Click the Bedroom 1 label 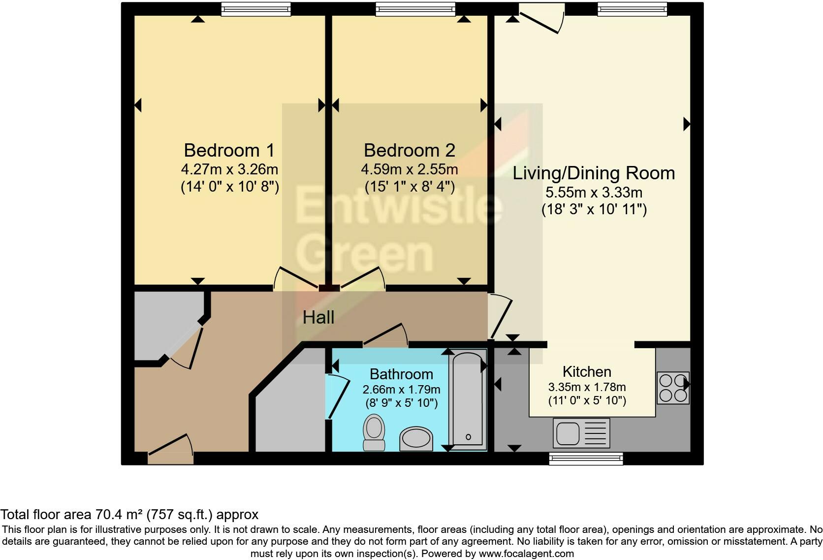click(x=229, y=150)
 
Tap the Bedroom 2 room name click(x=410, y=150)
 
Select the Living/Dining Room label click(x=594, y=173)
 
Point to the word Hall click(x=318, y=317)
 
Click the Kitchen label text click(x=587, y=372)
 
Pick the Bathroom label click(x=401, y=374)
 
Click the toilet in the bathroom click(x=374, y=432)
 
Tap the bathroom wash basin click(x=416, y=439)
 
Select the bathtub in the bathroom click(x=468, y=399)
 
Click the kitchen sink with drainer click(x=581, y=433)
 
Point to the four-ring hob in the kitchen click(x=673, y=388)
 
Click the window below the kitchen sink click(x=586, y=459)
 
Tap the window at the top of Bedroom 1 click(x=256, y=9)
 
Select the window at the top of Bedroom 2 click(x=415, y=9)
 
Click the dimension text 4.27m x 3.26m click(x=229, y=169)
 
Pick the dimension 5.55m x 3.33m click(x=594, y=192)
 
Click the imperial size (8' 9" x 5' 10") click(x=402, y=403)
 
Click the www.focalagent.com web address click(x=526, y=554)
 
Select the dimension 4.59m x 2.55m click(x=410, y=169)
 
